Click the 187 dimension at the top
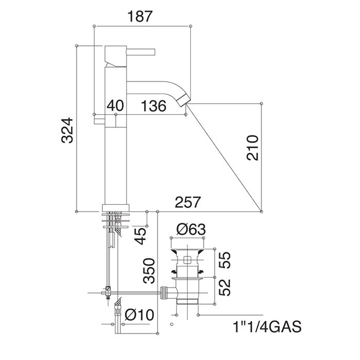(140, 16)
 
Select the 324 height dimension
(67, 131)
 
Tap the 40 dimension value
(115, 106)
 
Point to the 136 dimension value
(153, 106)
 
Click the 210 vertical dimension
(253, 148)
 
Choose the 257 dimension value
(188, 202)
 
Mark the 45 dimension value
(140, 236)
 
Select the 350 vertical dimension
(149, 271)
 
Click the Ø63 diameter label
(191, 229)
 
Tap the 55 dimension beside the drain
(224, 260)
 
